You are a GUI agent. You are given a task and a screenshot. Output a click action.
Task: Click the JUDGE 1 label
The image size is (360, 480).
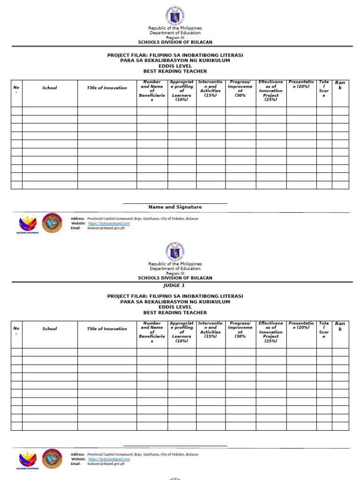coord(174,285)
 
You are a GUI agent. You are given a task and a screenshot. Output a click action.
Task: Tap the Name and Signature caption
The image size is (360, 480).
coord(175,207)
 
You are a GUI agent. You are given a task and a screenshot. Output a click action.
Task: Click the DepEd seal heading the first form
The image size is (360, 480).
coord(175,15)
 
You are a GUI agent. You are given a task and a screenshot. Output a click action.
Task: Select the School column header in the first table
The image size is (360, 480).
coord(50,88)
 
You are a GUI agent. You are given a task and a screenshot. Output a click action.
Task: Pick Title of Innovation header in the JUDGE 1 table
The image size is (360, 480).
coord(107,329)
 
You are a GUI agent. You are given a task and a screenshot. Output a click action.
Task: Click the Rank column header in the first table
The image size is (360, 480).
coord(340,85)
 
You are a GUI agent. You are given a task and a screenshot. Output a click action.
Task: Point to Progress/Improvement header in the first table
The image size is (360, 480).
coord(240,89)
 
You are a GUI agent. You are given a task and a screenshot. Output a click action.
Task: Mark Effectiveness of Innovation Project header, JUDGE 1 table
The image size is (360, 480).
coord(271,332)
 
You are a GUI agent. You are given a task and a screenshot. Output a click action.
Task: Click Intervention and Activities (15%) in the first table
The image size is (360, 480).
coord(210,89)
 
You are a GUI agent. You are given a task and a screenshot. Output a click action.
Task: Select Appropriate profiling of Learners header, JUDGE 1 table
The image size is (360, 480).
coord(181,332)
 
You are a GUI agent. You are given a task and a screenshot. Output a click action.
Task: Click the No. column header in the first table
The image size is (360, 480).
coord(16,89)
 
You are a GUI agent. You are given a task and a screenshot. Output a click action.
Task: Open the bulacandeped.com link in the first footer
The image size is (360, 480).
coord(109,224)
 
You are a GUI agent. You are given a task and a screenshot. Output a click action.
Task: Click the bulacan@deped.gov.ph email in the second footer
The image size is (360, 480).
coord(106,464)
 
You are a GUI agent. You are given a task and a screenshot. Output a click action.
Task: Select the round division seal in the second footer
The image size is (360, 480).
coord(52,459)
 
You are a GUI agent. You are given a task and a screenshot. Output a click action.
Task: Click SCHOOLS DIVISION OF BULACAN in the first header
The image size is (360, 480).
coord(175,42)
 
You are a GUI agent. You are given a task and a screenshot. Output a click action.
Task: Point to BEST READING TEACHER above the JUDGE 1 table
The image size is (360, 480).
coord(175,313)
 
